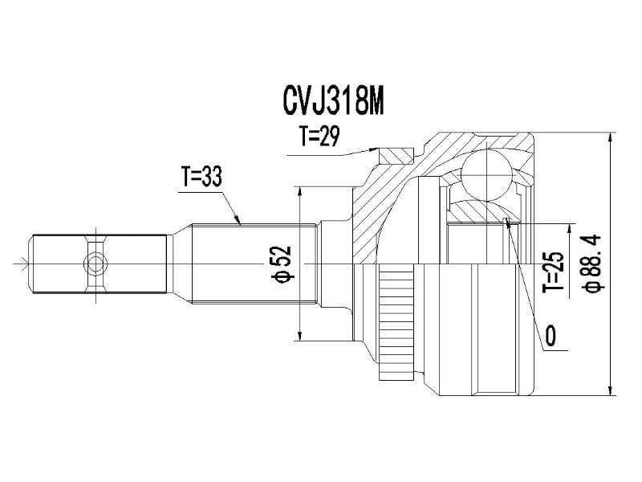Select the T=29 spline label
click(x=319, y=136)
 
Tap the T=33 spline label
click(x=202, y=177)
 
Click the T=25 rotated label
click(x=555, y=272)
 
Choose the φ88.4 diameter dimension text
click(x=592, y=263)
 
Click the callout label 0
click(x=551, y=336)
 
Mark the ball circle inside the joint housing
click(x=487, y=175)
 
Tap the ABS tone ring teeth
click(x=396, y=322)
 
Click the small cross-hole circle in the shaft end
click(x=95, y=263)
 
